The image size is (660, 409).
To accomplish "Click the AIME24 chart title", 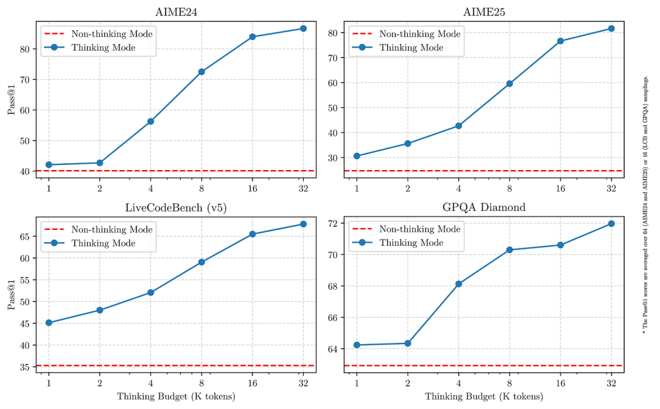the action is pos(176,12).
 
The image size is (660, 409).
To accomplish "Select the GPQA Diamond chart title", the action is pos(483,207).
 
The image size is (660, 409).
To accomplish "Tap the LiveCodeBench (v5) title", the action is pos(176,208).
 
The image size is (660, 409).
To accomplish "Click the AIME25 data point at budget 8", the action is pos(509,83).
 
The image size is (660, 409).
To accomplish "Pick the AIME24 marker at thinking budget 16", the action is pos(252,37).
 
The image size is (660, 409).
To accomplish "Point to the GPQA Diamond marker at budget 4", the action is pos(458,284).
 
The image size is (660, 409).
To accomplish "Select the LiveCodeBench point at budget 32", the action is pos(303,224).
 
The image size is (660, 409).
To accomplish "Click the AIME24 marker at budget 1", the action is pos(49,164).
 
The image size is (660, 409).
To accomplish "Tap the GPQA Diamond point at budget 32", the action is pos(611,224).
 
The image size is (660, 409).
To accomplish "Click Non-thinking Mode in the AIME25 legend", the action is pos(420,34).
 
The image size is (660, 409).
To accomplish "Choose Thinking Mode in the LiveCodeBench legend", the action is pos(103,243).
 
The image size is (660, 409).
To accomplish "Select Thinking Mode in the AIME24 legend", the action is pos(103,47).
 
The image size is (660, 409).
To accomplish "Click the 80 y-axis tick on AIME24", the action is pos(25,49).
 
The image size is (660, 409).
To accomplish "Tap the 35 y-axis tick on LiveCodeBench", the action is pos(25,367).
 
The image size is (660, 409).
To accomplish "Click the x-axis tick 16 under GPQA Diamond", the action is pos(560,383).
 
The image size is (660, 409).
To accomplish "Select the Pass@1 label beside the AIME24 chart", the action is pos(12,100).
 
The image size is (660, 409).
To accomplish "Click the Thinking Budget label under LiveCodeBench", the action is pos(176,396).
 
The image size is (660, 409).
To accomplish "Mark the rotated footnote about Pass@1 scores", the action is pos(645,205).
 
